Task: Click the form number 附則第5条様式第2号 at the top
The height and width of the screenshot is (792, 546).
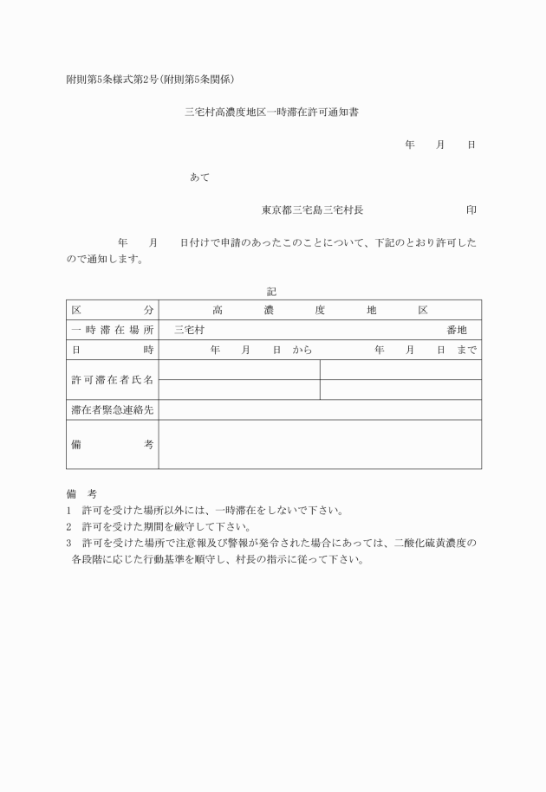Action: click(x=111, y=80)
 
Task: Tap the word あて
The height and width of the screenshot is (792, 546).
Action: click(x=199, y=177)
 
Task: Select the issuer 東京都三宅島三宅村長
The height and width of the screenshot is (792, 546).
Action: click(x=313, y=210)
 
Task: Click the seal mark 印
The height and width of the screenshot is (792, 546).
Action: click(x=471, y=210)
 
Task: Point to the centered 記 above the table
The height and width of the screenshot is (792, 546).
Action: click(x=271, y=292)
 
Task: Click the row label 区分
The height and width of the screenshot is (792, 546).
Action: click(x=113, y=310)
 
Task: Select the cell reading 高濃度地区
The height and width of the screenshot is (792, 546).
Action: click(x=320, y=310)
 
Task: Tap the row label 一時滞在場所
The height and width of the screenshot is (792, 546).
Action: click(x=113, y=330)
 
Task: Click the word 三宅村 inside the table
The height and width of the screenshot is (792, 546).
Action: click(x=189, y=330)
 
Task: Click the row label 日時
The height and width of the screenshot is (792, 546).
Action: click(x=113, y=350)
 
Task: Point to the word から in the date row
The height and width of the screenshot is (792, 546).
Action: click(x=302, y=350)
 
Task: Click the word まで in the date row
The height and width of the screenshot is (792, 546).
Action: click(x=465, y=350)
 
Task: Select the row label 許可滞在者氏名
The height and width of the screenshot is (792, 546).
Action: click(x=113, y=380)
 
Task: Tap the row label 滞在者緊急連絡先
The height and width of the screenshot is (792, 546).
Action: click(x=113, y=410)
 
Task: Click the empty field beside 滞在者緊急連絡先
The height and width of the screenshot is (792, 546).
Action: click(x=320, y=410)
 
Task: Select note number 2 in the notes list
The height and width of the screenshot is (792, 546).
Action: click(x=68, y=526)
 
